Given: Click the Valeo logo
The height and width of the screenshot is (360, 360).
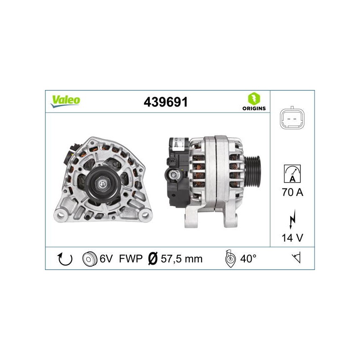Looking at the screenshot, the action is pos(65,101).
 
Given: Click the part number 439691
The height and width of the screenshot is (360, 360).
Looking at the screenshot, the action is pos(166,102).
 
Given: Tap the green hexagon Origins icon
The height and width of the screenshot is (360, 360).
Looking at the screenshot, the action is pos(254,99).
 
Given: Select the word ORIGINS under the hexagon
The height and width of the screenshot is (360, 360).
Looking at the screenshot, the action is pos(254,108).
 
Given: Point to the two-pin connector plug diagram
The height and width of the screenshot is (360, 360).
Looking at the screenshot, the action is pos(292,119).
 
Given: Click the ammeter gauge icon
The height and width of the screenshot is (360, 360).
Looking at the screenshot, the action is pos(292,174).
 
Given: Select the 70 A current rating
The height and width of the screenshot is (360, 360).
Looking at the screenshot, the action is pos(292,192).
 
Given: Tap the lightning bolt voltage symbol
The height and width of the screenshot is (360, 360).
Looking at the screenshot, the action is pos(292,219).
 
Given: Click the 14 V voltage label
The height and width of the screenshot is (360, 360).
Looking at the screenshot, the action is pos(292,238).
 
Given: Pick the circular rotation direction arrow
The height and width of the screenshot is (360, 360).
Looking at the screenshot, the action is pos(65,259).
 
